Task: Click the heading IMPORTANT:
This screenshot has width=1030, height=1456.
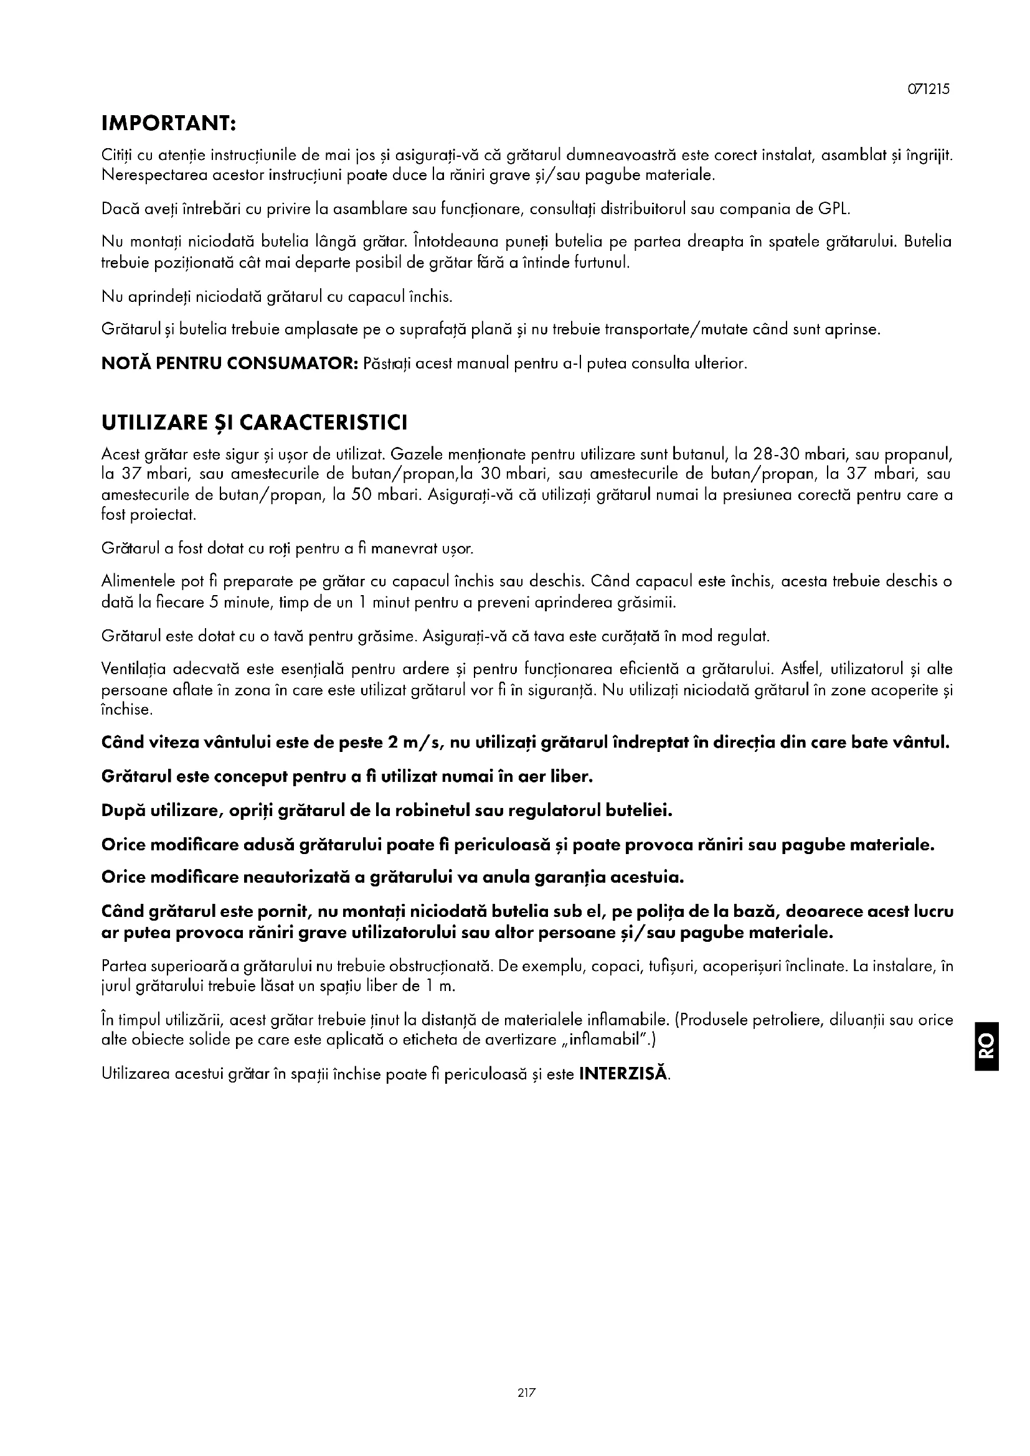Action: tap(169, 123)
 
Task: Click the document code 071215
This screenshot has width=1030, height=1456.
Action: tap(928, 90)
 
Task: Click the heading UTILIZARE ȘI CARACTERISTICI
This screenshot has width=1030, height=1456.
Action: tap(254, 423)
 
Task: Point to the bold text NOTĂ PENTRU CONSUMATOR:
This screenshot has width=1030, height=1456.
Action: tap(230, 364)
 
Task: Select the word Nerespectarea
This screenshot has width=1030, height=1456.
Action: tap(145, 176)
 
